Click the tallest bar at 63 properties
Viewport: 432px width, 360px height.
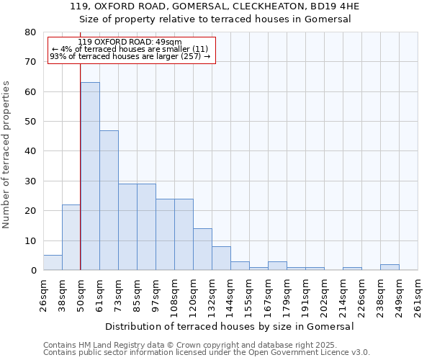click(x=90, y=176)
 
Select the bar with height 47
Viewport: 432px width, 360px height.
click(x=109, y=200)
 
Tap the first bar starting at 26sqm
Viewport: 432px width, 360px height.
click(x=53, y=263)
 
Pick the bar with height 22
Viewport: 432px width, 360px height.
click(x=71, y=238)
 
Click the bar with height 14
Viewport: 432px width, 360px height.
click(x=202, y=249)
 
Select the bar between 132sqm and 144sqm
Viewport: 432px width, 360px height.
click(x=221, y=258)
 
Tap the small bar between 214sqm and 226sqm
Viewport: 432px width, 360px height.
click(x=352, y=269)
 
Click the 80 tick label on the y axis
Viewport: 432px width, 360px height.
click(x=30, y=32)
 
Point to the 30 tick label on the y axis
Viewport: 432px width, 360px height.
click(x=30, y=181)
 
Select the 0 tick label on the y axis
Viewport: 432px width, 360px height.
click(x=33, y=271)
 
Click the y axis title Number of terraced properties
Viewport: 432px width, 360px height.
click(x=7, y=154)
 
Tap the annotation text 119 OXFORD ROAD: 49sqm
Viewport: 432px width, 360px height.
click(x=130, y=42)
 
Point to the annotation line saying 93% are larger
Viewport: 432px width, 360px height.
click(x=130, y=56)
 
